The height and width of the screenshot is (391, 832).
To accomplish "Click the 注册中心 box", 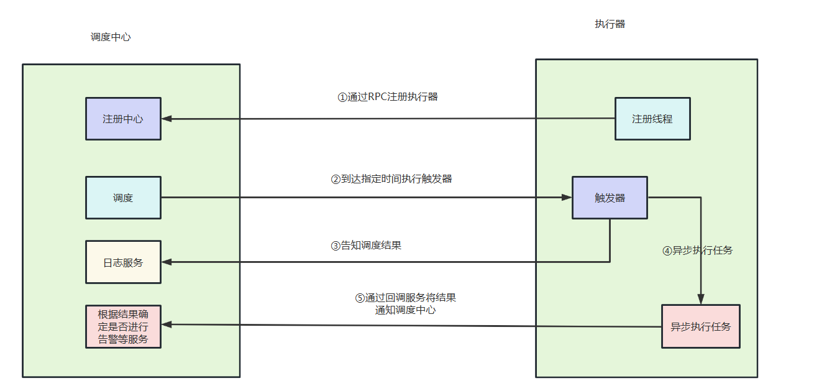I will coord(123,119).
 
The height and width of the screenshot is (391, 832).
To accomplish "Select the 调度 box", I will coord(123,198).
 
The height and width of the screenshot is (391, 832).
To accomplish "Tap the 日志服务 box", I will coord(123,262).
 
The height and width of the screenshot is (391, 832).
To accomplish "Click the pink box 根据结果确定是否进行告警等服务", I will coord(123,326).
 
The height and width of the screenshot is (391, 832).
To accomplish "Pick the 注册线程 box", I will coord(652,119).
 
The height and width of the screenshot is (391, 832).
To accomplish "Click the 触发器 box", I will coord(610,198).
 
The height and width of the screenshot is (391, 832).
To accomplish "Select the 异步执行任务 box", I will coord(700,326).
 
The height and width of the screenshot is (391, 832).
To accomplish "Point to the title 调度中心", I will coord(111,37).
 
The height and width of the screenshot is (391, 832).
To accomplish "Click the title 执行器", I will coord(610,24).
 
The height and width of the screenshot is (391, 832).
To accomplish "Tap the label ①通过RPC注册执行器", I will coord(388,97).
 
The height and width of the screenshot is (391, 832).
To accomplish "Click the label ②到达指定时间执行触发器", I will coord(391,179).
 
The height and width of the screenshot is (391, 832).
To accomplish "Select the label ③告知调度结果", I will coord(366,246).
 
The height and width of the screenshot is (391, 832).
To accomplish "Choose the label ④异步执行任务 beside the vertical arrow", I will coord(697,251).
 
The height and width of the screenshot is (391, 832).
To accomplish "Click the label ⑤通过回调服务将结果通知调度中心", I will coord(405,303).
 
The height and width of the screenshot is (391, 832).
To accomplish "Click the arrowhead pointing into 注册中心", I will coord(167,119).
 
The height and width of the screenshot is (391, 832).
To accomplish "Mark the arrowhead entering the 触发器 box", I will coord(566,198).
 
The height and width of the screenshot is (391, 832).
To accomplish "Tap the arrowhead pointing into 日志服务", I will coord(167,262).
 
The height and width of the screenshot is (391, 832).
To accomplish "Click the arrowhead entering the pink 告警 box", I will coord(167,324).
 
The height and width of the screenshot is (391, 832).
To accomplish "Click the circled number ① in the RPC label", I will coord(342,98).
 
